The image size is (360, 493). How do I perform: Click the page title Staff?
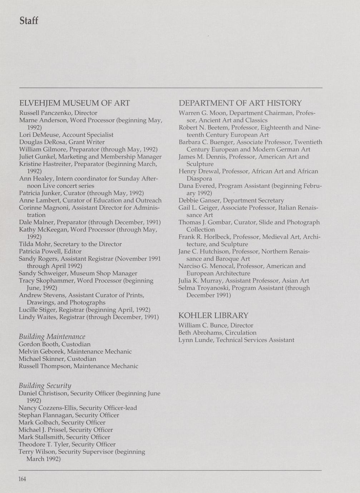(x=29, y=21)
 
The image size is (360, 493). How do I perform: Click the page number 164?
(x=22, y=479)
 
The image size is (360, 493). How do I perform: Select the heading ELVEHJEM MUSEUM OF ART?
(x=74, y=103)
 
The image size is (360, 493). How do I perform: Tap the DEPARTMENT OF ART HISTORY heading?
(x=240, y=103)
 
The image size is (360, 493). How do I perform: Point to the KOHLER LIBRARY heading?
(x=213, y=315)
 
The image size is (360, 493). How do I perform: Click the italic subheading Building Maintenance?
(x=52, y=337)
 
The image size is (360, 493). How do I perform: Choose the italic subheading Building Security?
(x=45, y=385)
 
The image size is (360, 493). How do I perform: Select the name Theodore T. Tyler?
(x=43, y=444)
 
